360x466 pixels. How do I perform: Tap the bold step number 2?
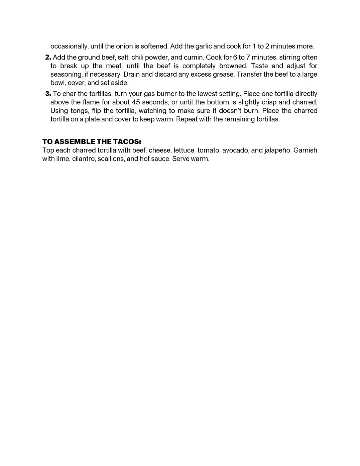click(48, 58)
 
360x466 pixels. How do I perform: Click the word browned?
click(233, 66)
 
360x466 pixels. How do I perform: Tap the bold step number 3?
click(48, 94)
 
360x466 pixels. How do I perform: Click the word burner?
click(166, 94)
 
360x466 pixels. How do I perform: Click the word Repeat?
click(187, 119)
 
